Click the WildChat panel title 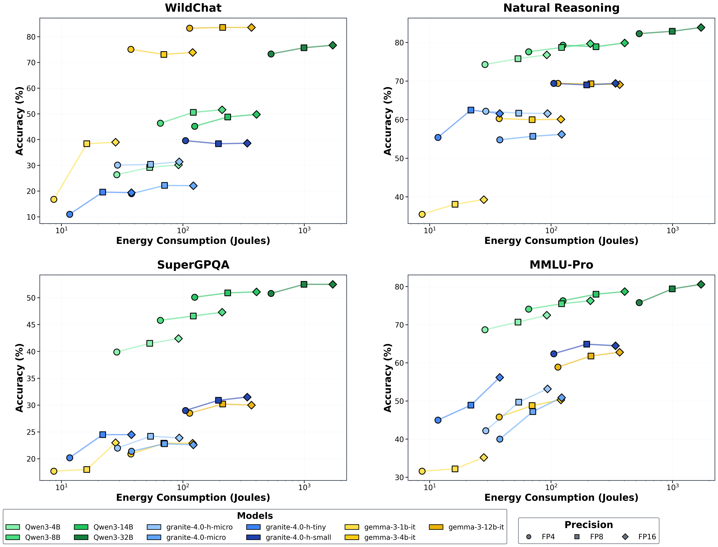[193, 8]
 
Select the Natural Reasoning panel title [561, 8]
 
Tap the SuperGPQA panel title [193, 265]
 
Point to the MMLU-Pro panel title [561, 265]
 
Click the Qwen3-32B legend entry [104, 537]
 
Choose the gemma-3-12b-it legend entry [467, 527]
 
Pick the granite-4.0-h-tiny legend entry [286, 527]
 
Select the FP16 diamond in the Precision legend [625, 537]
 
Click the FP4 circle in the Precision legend [528, 537]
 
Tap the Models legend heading [255, 516]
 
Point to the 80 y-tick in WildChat [31, 37]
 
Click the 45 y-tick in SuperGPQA [31, 325]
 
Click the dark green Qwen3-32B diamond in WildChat [333, 45]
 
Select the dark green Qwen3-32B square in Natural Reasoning [672, 31]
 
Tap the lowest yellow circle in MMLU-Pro [422, 471]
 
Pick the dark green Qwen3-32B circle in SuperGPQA [271, 293]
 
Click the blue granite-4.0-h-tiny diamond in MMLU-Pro [500, 377]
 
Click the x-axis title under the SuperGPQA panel [193, 497]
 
